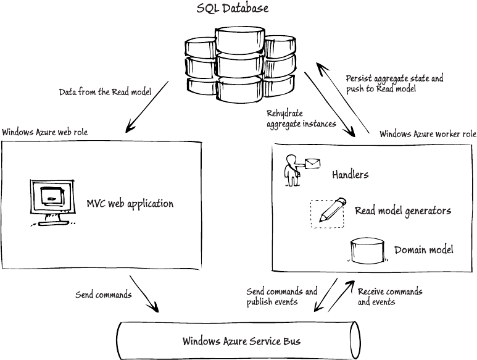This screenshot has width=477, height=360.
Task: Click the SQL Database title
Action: click(x=232, y=9)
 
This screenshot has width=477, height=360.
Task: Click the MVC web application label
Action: click(x=130, y=203)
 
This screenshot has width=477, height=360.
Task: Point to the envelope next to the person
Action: click(x=312, y=163)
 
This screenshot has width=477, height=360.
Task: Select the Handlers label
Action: click(x=350, y=175)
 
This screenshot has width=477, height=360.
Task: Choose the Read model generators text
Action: click(x=402, y=211)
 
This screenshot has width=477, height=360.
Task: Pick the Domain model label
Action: click(x=423, y=250)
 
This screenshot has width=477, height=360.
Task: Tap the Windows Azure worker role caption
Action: click(x=427, y=134)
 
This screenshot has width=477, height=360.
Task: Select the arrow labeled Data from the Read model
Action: click(x=147, y=106)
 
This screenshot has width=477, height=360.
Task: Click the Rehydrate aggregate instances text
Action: click(x=301, y=119)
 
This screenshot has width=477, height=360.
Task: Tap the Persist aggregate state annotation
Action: click(x=394, y=84)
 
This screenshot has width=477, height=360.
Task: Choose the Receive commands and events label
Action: click(x=389, y=296)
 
